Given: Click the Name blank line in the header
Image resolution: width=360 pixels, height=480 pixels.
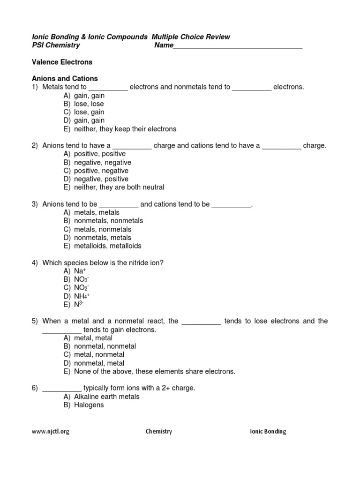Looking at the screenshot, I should click(x=238, y=46).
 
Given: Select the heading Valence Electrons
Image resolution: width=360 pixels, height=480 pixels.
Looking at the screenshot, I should click(x=62, y=62).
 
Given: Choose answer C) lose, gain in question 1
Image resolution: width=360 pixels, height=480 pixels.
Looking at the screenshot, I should click(x=84, y=112).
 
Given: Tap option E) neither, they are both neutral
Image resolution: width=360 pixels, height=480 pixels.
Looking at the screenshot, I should click(x=114, y=187).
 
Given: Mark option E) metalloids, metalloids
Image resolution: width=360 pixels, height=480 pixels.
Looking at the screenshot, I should click(x=103, y=246).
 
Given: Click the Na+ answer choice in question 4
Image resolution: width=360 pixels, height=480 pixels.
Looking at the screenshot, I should click(x=75, y=271).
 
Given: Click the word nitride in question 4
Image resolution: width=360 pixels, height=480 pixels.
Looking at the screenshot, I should click(x=139, y=262).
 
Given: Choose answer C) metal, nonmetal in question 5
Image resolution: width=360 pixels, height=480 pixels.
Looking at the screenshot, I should click(x=94, y=355).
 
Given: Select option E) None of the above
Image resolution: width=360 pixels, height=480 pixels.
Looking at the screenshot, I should click(x=150, y=372).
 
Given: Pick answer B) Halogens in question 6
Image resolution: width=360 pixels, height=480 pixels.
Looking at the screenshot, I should click(x=84, y=405).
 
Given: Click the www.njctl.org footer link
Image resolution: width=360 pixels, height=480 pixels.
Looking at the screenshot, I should click(x=51, y=432).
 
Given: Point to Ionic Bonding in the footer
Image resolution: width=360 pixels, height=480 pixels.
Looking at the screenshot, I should click(x=268, y=432).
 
